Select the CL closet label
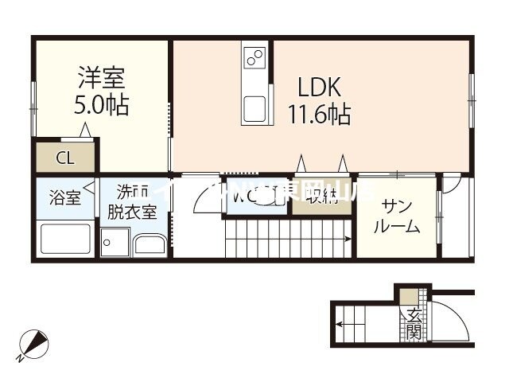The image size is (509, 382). click(64, 158)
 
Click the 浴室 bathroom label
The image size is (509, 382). click(64, 197)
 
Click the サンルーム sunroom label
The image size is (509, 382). click(396, 216)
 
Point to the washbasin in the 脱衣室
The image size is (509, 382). click(150, 245)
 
